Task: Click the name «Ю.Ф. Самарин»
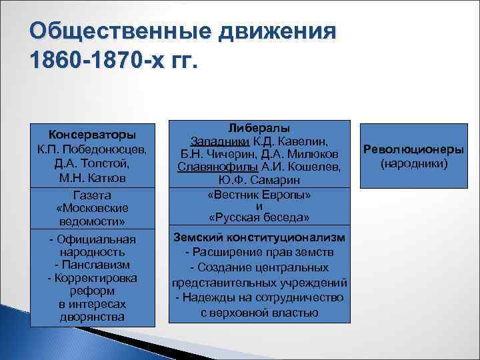259,179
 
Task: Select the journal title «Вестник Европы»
259,195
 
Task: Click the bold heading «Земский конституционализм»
259,237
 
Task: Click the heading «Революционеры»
413,149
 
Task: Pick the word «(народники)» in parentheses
413,163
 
